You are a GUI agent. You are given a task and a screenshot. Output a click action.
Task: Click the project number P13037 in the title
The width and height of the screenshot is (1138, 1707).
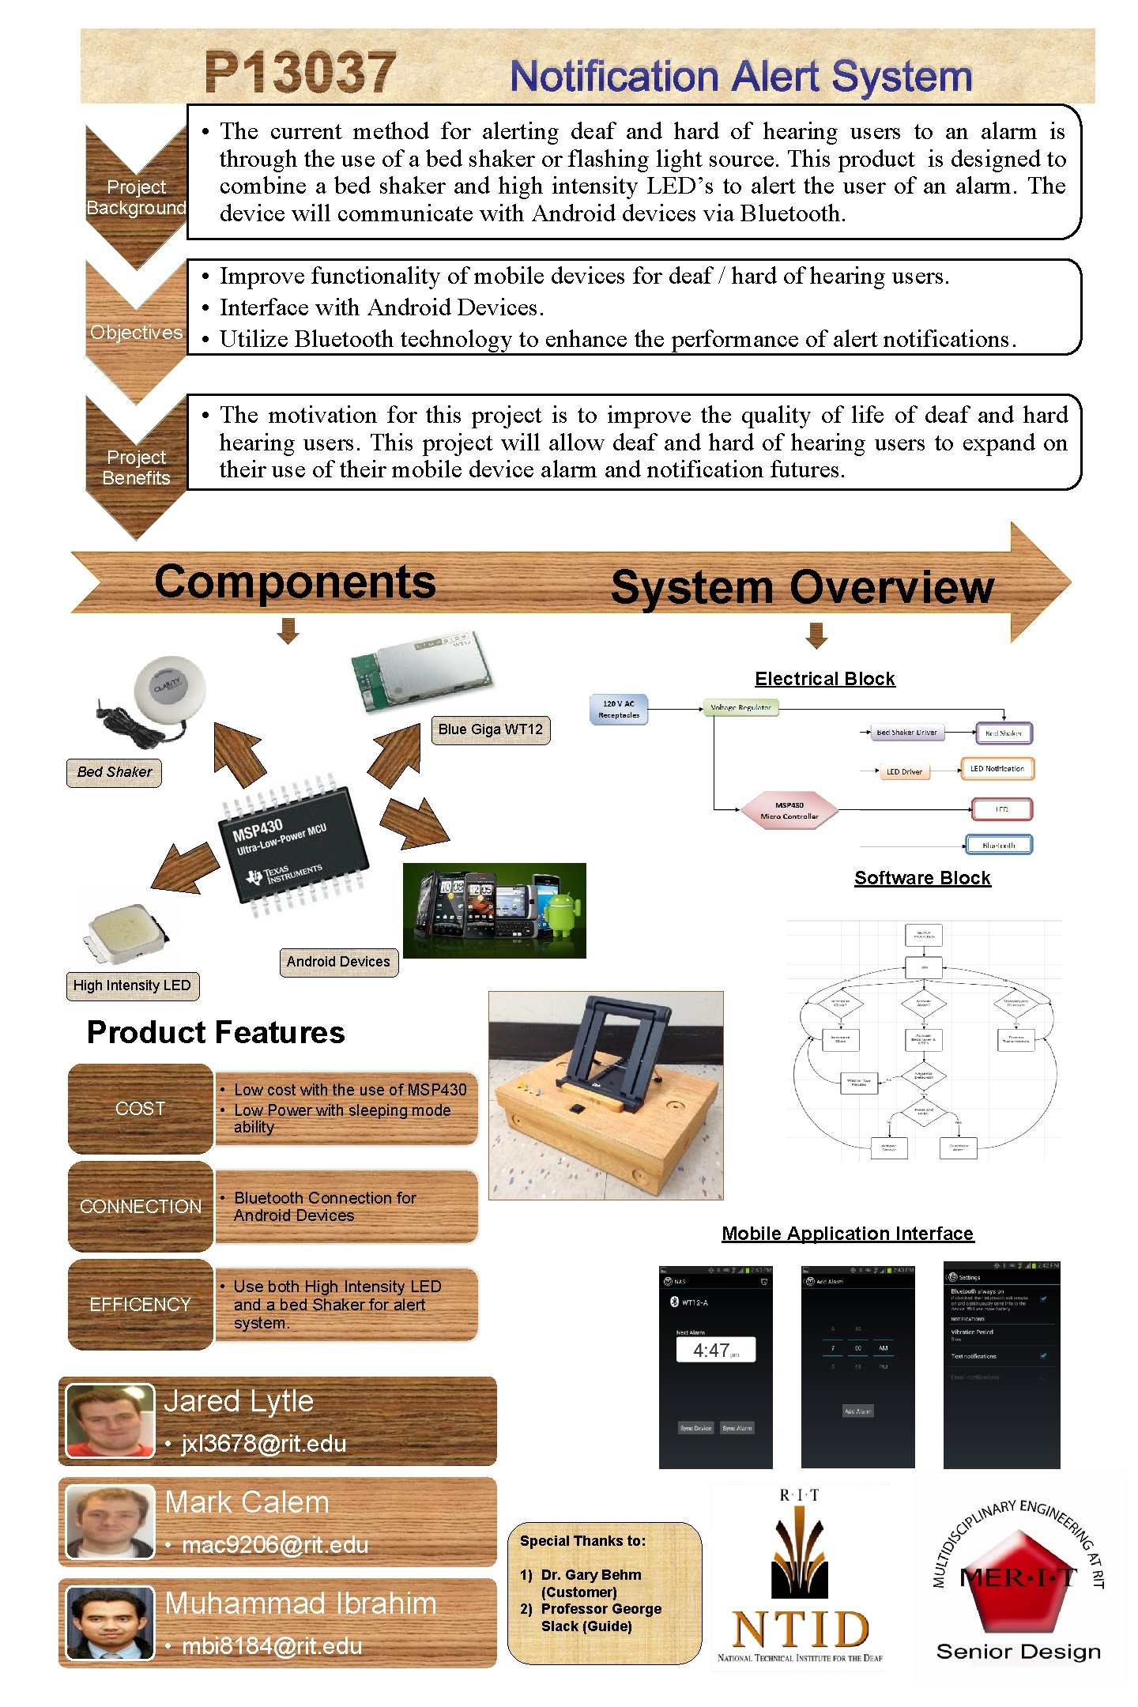tap(300, 73)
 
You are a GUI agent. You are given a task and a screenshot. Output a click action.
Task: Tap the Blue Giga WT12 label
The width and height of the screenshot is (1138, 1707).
tap(490, 729)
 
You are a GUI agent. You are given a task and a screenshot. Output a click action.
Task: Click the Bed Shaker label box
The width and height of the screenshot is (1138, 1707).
tap(114, 772)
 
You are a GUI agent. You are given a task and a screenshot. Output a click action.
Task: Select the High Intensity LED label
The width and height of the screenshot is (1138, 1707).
tap(132, 985)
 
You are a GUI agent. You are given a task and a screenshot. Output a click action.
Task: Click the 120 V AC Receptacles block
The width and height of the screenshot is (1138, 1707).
tap(620, 710)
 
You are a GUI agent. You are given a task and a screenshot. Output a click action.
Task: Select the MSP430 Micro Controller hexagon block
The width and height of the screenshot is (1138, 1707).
tap(789, 811)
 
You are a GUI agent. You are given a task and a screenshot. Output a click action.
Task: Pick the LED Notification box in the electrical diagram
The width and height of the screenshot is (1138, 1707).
tap(997, 769)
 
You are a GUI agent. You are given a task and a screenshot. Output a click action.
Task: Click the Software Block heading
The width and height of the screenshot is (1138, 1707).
tap(921, 878)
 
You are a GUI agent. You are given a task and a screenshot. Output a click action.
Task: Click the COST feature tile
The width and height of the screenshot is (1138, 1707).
tap(140, 1109)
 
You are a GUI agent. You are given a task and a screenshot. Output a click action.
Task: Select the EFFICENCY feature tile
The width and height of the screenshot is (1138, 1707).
tap(140, 1305)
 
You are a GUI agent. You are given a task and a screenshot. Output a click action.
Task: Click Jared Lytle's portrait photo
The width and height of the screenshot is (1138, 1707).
tap(109, 1420)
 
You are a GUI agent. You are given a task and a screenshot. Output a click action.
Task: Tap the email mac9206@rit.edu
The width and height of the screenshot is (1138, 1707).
tap(274, 1545)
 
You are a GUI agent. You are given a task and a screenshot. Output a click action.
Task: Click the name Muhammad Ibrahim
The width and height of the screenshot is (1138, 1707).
tap(300, 1603)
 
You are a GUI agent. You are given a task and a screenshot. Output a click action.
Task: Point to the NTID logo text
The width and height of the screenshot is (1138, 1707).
tap(800, 1630)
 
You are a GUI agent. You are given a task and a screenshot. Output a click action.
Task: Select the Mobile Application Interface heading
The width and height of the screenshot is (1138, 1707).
tap(847, 1234)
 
